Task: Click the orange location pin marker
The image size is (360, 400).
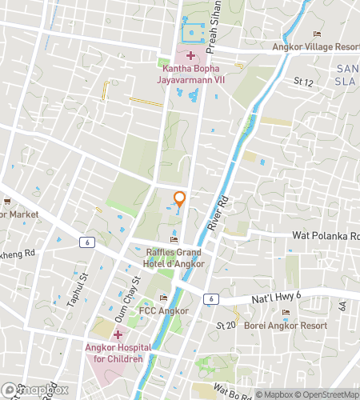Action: coord(180,200)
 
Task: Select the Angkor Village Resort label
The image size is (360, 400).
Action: coord(316,46)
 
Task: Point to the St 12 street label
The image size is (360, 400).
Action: coord(302,81)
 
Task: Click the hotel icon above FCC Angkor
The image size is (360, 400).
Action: coord(163,298)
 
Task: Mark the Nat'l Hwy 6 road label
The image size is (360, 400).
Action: coord(254,295)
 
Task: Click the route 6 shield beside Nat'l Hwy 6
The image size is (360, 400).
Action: coord(209,298)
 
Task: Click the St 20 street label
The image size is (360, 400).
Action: coord(226,325)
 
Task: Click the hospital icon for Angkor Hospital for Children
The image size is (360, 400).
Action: coord(118,334)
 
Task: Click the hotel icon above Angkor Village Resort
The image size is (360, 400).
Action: coord(318,34)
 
